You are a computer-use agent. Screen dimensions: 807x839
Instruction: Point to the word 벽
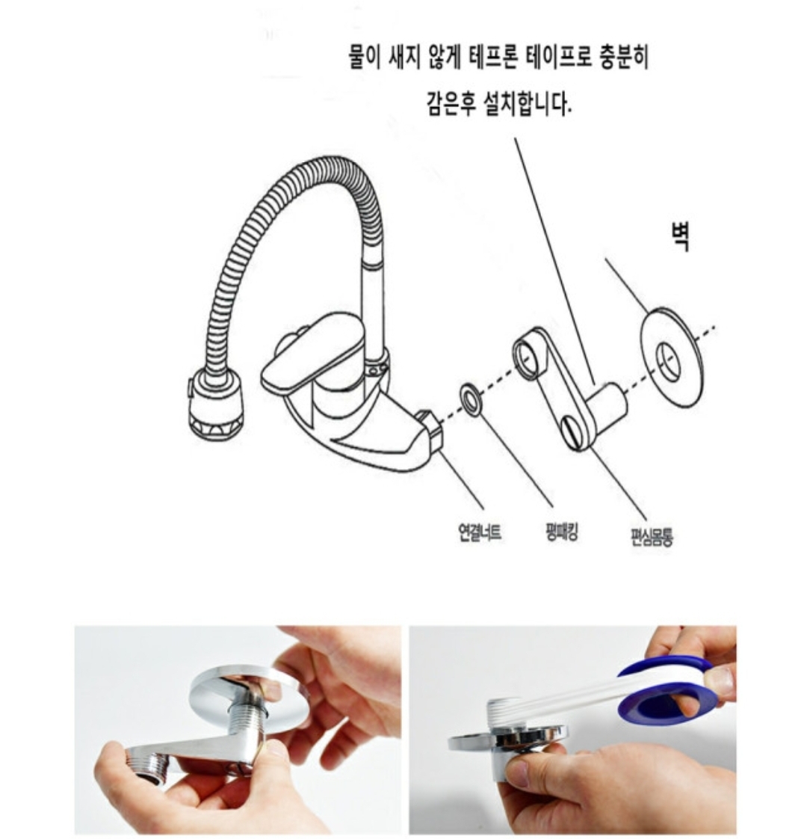coord(680,236)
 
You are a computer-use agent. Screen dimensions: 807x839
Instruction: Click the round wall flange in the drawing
coord(672,357)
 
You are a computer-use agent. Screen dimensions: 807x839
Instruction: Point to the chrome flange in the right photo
coord(506,740)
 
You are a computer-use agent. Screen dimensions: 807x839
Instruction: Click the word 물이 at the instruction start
coord(364,58)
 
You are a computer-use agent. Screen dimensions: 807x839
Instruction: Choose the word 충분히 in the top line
coord(625,58)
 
